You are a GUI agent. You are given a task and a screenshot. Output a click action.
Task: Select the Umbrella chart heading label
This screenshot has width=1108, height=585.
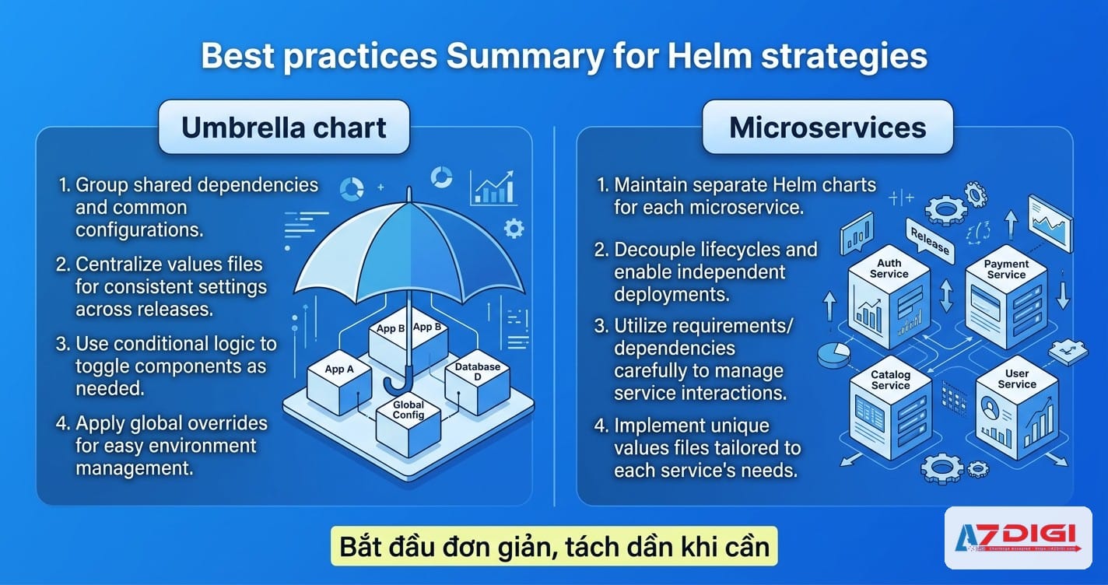pos(284,127)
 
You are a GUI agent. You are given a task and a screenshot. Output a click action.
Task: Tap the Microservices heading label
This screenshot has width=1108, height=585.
pos(828,127)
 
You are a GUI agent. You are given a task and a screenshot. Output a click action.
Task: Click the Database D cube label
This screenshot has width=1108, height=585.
pos(478,372)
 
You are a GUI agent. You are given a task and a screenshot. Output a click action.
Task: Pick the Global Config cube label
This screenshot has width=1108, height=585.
pos(408,410)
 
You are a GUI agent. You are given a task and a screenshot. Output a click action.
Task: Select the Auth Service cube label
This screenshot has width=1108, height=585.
pos(889,269)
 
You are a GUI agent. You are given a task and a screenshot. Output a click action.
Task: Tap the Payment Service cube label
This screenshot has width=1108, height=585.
pos(1006,269)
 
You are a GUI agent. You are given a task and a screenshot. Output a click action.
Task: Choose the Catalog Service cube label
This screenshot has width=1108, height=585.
pos(891,380)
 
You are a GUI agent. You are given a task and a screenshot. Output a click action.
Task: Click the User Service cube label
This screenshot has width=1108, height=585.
pos(1017,379)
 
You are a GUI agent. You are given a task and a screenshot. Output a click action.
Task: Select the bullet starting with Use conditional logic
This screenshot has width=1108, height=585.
pos(167,366)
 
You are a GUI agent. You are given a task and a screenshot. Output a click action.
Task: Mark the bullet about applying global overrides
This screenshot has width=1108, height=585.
pos(163,446)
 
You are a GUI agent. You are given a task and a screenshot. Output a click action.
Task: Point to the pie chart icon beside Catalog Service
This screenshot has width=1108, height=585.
pos(833,353)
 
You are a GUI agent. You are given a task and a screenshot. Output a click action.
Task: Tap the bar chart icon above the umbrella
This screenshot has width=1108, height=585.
pos(496,187)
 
